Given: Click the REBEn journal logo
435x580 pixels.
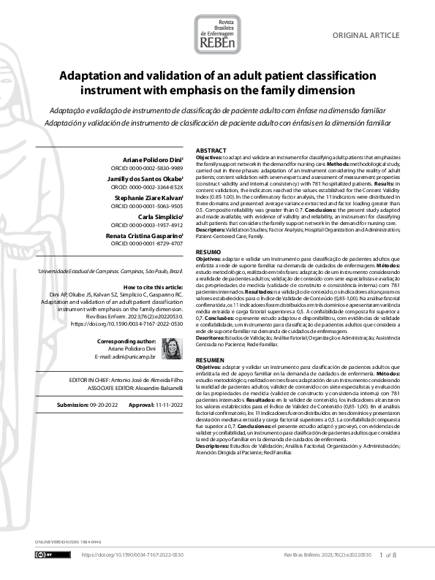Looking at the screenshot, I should coord(217,34).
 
